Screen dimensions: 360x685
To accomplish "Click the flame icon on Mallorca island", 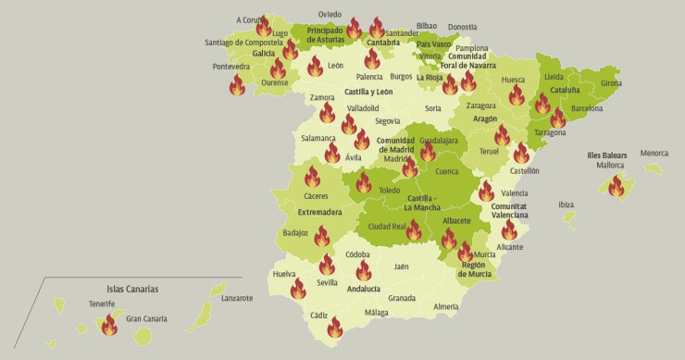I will click(x=616, y=186).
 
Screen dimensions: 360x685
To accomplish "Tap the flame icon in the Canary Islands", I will click(x=110, y=325).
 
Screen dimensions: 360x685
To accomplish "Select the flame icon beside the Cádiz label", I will click(x=335, y=327).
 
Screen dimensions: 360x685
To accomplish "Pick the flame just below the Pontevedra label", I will click(x=238, y=85).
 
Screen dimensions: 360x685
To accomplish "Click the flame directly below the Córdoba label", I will click(x=364, y=269).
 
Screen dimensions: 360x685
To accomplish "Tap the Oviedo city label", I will click(x=330, y=15).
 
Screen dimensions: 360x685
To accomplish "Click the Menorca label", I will click(x=654, y=153).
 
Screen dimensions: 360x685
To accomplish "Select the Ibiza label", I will click(x=567, y=205).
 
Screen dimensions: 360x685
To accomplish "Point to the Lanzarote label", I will click(x=237, y=298).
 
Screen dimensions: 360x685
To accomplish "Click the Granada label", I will click(x=402, y=298).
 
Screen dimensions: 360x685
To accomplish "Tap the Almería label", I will click(x=446, y=306).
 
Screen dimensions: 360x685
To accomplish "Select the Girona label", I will click(x=611, y=83).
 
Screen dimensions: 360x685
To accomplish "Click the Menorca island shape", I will click(x=654, y=169).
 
